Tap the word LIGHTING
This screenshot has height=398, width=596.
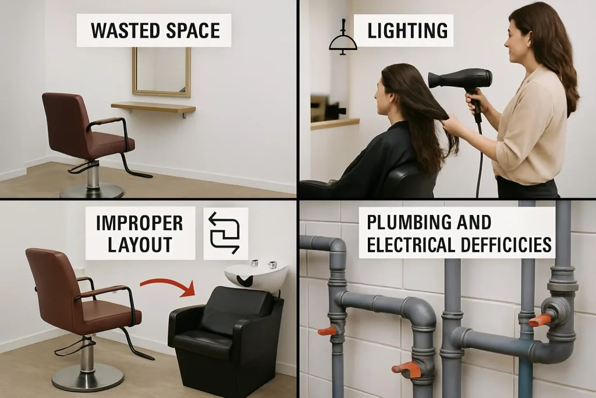click(407, 31)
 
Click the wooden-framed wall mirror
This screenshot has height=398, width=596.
click(162, 72)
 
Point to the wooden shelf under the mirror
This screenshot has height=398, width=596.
click(153, 107)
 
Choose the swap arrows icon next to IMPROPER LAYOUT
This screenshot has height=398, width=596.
click(225, 233)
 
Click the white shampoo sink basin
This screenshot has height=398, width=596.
click(256, 274)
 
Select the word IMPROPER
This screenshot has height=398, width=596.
click(140, 223)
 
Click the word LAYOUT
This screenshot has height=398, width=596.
click(140, 245)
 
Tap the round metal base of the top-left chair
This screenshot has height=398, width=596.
click(92, 191)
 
